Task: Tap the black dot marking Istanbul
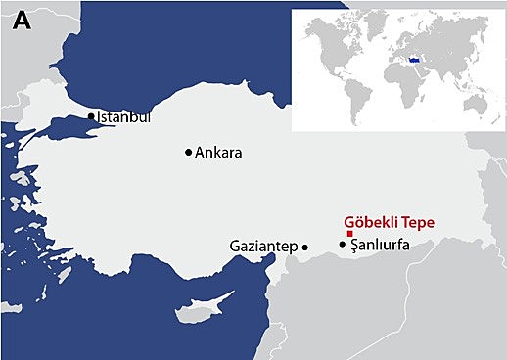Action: point(91,116)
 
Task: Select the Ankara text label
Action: point(218,153)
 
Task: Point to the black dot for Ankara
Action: point(189,152)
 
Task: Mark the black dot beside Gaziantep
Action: point(305,247)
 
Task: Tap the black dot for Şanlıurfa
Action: point(343,244)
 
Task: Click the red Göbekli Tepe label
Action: point(389,223)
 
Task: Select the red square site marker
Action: point(350,234)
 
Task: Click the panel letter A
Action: point(23,21)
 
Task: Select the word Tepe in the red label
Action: point(416,223)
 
